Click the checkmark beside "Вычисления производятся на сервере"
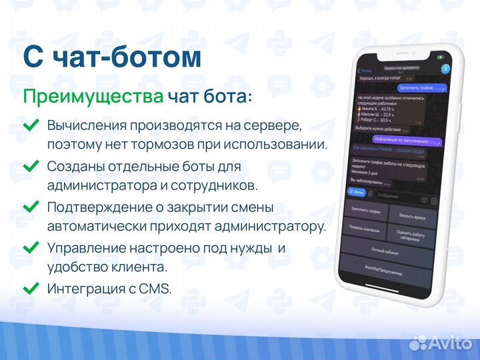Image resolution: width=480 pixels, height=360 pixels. pyautogui.click(x=31, y=125)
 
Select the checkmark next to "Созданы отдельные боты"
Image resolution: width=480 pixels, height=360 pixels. pyautogui.click(x=31, y=166)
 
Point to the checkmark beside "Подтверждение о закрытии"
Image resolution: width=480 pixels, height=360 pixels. pyautogui.click(x=31, y=207)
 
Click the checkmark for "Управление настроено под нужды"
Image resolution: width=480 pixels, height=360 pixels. pyautogui.click(x=31, y=248)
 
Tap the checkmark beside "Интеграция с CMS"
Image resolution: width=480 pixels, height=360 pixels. pyautogui.click(x=31, y=289)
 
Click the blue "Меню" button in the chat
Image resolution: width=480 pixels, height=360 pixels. pyautogui.click(x=358, y=193)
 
